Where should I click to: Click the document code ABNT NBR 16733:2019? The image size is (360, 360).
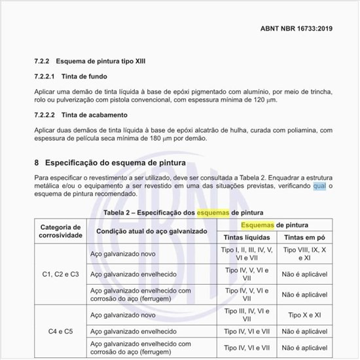[297, 29]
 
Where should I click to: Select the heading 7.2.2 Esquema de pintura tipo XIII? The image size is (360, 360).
[90, 61]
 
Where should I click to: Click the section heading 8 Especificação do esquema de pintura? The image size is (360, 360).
[111, 162]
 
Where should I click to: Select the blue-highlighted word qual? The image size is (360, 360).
[318, 186]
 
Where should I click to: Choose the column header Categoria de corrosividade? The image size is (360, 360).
[60, 230]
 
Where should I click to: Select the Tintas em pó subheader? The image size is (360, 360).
[307, 238]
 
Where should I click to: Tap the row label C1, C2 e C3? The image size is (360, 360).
[60, 274]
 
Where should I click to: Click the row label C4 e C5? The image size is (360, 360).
[60, 331]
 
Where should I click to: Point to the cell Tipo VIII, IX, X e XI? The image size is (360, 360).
[307, 254]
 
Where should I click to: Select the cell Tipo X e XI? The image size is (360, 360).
[307, 315]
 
